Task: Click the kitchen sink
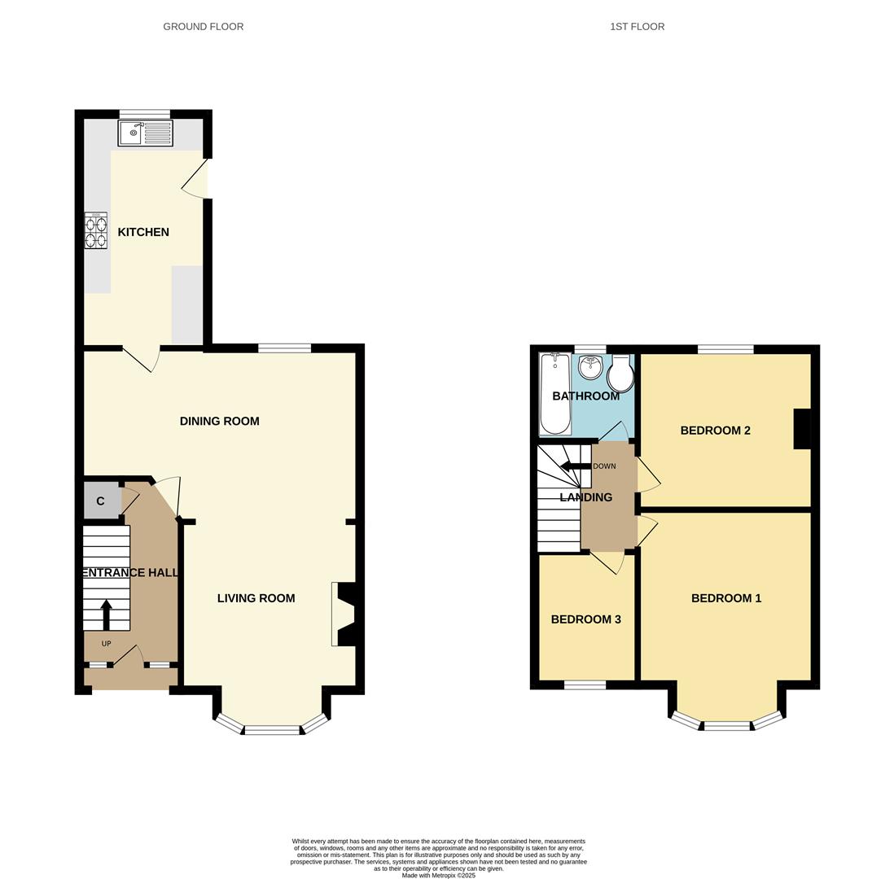tap(145, 133)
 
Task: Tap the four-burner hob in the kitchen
tap(95, 230)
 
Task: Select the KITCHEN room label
tap(143, 232)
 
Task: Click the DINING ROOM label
tap(219, 421)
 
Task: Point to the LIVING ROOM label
tap(256, 598)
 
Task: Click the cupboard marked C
tap(101, 501)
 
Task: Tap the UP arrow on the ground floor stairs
tap(107, 614)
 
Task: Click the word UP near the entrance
tap(106, 644)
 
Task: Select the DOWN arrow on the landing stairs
tap(575, 466)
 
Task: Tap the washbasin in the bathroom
tap(590, 367)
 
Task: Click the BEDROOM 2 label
tap(715, 431)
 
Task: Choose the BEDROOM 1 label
tap(725, 598)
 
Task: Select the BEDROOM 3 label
tap(585, 619)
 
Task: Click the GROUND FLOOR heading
tap(203, 27)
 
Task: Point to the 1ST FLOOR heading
tap(637, 27)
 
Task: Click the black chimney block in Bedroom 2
tap(802, 429)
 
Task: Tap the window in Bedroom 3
tap(585, 685)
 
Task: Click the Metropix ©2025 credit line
tap(438, 876)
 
